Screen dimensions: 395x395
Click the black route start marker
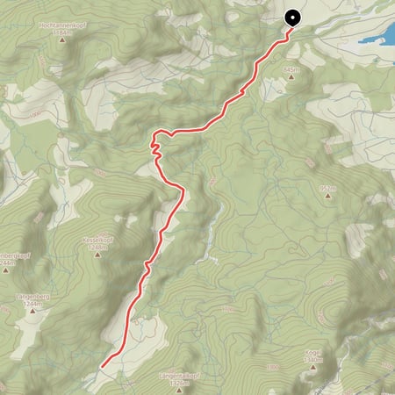(291, 16)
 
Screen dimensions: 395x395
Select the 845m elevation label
(292, 68)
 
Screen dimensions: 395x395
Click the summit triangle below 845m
(292, 76)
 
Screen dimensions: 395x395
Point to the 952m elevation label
(329, 187)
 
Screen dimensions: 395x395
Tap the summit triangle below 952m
(329, 196)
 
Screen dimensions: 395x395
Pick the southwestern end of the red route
(103, 364)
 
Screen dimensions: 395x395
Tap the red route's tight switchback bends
(155, 144)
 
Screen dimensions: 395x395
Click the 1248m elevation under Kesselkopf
(97, 247)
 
